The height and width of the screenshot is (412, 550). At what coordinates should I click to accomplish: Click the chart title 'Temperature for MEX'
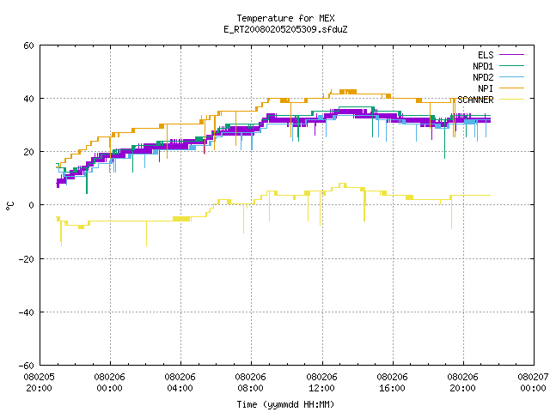[x=285, y=18]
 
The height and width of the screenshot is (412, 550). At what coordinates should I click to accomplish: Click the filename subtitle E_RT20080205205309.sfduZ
[x=285, y=29]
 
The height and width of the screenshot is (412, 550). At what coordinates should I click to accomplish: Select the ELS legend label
[x=486, y=55]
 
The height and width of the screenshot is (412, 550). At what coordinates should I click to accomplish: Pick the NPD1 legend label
[x=483, y=66]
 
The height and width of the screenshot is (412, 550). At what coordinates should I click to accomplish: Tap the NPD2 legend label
[x=483, y=77]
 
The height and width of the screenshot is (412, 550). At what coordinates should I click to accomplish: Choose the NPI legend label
[x=486, y=88]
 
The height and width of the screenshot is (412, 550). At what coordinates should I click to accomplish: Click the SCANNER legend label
[x=475, y=100]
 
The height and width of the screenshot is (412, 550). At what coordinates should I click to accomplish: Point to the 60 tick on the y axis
[x=28, y=45]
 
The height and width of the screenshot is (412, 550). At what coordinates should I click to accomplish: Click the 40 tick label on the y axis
[x=28, y=99]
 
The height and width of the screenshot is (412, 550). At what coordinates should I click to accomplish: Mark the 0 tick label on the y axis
[x=31, y=205]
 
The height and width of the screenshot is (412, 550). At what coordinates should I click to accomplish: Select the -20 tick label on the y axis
[x=27, y=259]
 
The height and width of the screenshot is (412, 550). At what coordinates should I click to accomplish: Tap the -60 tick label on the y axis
[x=27, y=366]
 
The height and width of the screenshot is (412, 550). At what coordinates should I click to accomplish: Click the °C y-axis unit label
[x=9, y=206]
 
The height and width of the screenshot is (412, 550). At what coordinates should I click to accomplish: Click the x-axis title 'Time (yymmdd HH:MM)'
[x=285, y=404]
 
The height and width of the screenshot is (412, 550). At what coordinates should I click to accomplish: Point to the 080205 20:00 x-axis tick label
[x=39, y=383]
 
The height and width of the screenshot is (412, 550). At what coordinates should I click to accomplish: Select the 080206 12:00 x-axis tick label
[x=321, y=383]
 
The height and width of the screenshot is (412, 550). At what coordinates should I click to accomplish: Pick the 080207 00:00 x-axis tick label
[x=533, y=383]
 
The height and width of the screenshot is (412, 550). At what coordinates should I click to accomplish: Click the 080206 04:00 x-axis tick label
[x=180, y=383]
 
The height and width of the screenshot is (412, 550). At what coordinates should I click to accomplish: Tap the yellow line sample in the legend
[x=512, y=100]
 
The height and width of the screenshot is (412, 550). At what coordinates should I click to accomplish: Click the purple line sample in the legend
[x=512, y=55]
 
